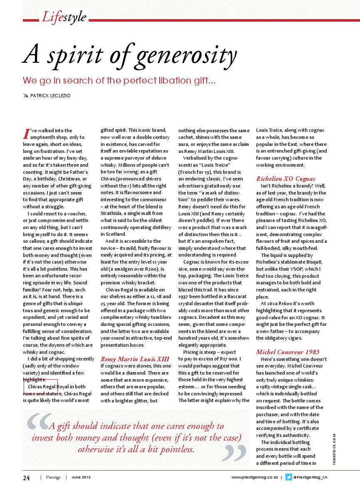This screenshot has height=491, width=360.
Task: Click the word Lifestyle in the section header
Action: pyautogui.click(x=64, y=17)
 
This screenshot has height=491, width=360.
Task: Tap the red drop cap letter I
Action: pyautogui.click(x=26, y=134)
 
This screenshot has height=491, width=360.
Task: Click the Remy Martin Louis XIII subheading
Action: pyautogui.click(x=135, y=359)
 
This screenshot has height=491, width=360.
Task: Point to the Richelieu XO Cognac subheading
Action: pyautogui.click(x=286, y=179)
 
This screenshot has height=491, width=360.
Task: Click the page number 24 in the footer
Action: pyautogui.click(x=26, y=478)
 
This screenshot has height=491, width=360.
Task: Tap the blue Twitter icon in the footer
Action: pyautogui.click(x=288, y=477)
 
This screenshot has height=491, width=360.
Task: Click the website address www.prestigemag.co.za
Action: pyautogui.click(x=254, y=477)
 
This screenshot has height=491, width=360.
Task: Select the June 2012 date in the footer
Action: pyautogui.click(x=81, y=477)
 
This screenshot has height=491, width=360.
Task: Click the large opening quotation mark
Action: pyautogui.click(x=39, y=423)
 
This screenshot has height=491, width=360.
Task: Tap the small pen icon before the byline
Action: pyautogui.click(x=27, y=96)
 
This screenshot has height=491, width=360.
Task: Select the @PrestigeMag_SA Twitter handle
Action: pyautogui.click(x=310, y=477)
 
